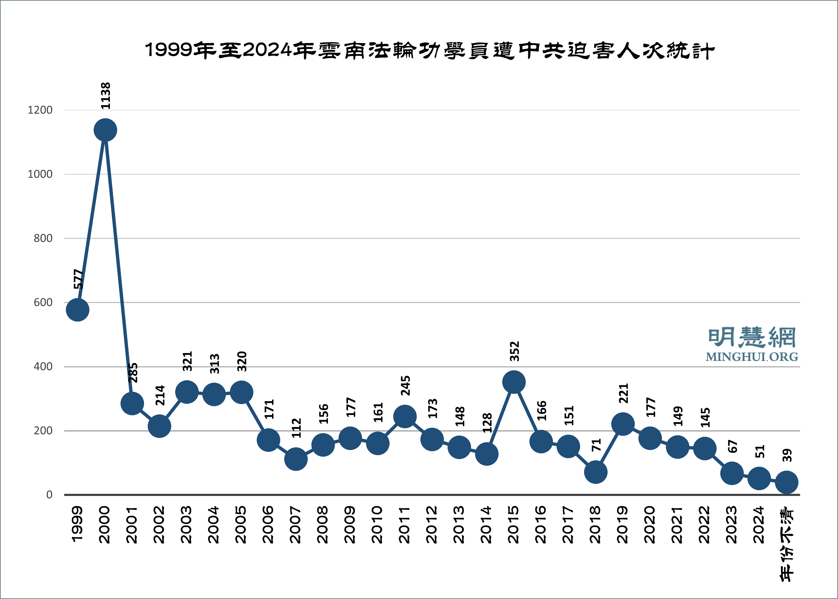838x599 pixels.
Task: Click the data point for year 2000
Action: tap(105, 130)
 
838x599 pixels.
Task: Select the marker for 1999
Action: tap(77, 310)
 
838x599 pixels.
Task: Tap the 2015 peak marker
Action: tap(514, 382)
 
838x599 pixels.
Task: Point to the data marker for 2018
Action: tap(596, 472)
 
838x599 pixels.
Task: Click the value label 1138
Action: tap(105, 96)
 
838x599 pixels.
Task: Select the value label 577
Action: tap(78, 279)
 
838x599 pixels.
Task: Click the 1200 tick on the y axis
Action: tap(40, 110)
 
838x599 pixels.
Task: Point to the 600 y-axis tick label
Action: tap(43, 303)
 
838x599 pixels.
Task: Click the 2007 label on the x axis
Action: tap(296, 525)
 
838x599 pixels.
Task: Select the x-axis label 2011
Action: tap(405, 525)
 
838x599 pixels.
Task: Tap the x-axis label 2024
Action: tap(759, 525)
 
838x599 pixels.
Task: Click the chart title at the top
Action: tap(430, 50)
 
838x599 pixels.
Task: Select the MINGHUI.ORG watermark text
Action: tap(752, 357)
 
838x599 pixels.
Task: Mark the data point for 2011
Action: tap(405, 416)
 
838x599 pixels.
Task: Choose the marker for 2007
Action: tap(296, 459)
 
